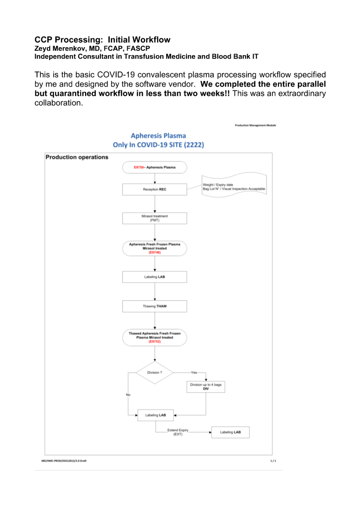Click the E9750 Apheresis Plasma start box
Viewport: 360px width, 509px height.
(x=155, y=167)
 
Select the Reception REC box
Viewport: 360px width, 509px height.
(x=155, y=189)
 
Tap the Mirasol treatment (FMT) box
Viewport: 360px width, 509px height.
(x=155, y=219)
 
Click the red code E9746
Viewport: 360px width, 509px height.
(x=155, y=253)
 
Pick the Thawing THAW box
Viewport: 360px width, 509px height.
(x=155, y=306)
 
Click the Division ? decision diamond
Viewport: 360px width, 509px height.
(x=155, y=372)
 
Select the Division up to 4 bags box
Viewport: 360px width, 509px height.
(x=205, y=387)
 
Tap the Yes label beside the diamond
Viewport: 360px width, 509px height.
(x=194, y=372)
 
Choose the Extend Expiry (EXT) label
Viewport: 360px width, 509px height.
(x=178, y=432)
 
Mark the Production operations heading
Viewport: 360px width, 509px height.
(x=77, y=158)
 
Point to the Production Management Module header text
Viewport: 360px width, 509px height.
(x=256, y=125)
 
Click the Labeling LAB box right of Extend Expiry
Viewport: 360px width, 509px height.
(x=230, y=432)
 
